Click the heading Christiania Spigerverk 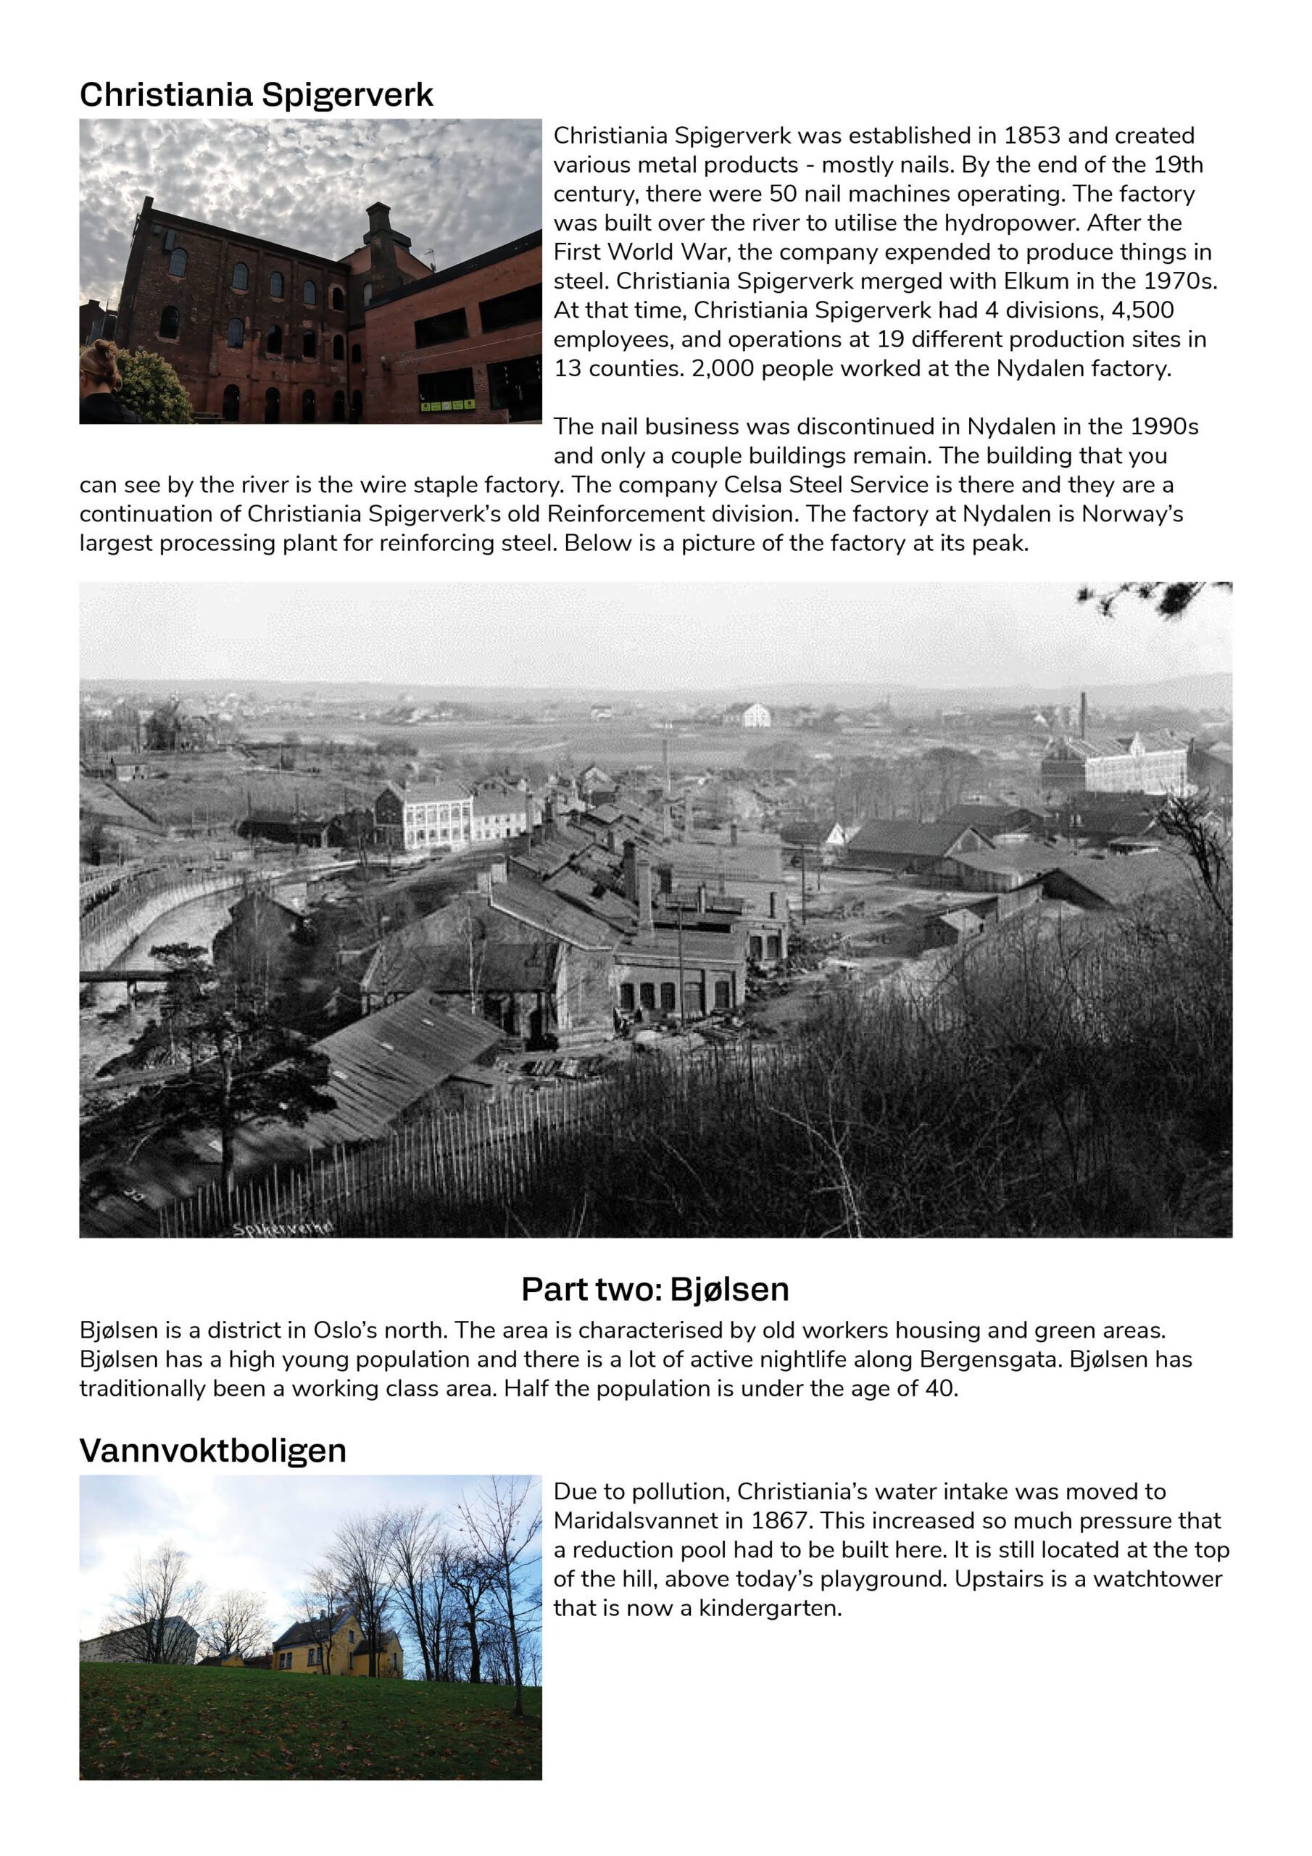click(x=257, y=96)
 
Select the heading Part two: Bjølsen click(x=655, y=1288)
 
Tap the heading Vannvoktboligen click(x=212, y=1450)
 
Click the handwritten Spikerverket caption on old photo click(x=283, y=1229)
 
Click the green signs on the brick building click(x=452, y=403)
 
